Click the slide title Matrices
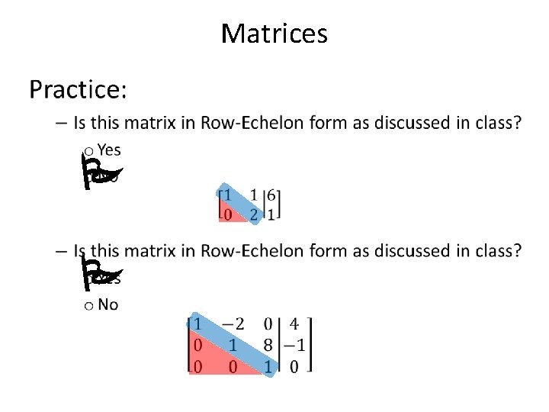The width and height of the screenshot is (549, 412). [x=274, y=34]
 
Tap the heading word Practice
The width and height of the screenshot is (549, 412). [x=78, y=91]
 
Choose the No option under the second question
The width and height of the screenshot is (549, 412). [x=108, y=305]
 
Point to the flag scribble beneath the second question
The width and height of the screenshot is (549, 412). [x=99, y=273]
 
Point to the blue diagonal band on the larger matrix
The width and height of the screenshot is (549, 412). [x=233, y=347]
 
